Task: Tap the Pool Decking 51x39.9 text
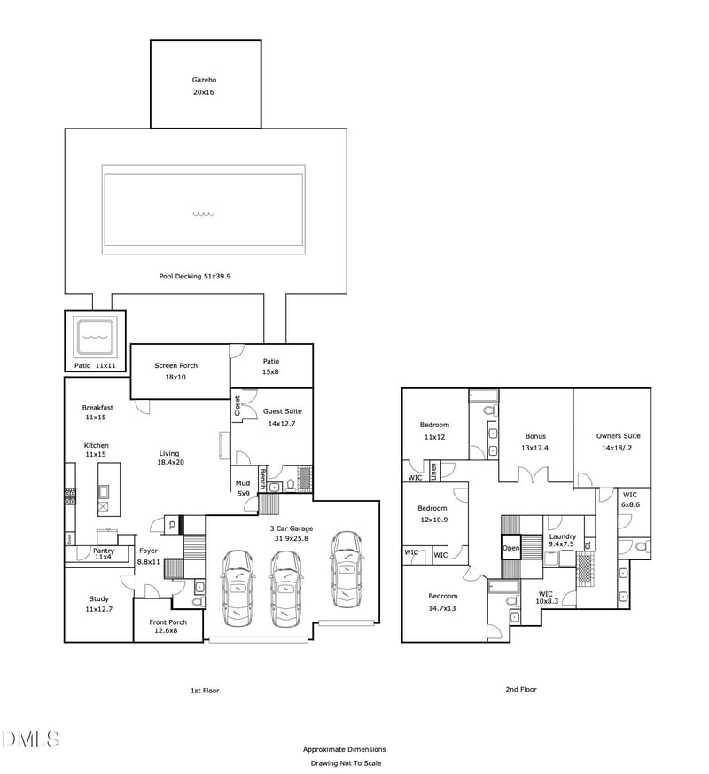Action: click(x=194, y=277)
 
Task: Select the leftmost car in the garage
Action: click(x=238, y=586)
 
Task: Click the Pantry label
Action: click(x=104, y=551)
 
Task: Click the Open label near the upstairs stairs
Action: click(x=510, y=548)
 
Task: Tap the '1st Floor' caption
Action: click(x=205, y=690)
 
